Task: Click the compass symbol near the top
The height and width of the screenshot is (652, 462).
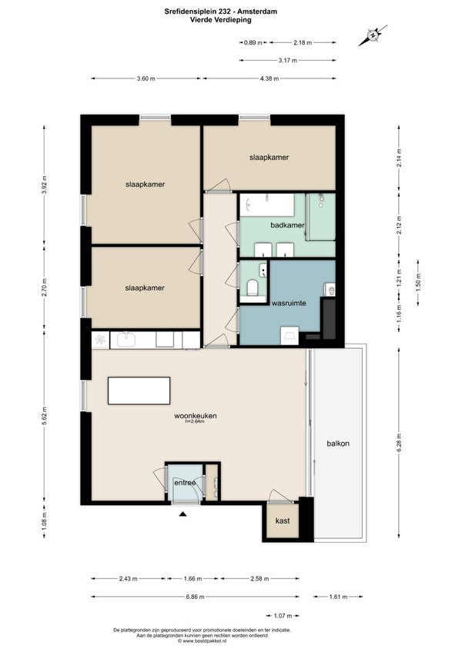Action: (x=373, y=35)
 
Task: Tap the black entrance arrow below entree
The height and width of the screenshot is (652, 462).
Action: (x=182, y=514)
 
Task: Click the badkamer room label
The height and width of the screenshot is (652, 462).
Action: (x=287, y=225)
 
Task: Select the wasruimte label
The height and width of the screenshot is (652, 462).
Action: (x=289, y=303)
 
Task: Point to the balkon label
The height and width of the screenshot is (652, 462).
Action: (x=338, y=444)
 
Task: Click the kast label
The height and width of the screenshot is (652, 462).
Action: (x=283, y=521)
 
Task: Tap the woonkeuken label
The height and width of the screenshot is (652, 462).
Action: (x=196, y=415)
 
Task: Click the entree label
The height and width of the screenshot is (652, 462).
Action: (x=185, y=483)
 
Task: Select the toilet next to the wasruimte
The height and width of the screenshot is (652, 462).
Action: (x=252, y=287)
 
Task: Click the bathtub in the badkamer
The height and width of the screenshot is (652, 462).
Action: (x=267, y=205)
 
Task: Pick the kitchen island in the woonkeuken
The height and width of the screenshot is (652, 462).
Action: (x=139, y=391)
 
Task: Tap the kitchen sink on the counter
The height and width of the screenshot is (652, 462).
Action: (x=126, y=339)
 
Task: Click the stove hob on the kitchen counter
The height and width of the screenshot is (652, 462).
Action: (x=100, y=340)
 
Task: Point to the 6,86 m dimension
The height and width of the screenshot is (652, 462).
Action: (x=195, y=597)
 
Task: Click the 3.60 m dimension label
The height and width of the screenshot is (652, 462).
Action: (x=146, y=78)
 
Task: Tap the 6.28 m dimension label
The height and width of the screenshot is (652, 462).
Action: (x=399, y=442)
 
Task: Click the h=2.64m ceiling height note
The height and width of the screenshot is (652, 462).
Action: (x=195, y=421)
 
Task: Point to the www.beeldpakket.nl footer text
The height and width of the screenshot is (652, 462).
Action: (x=202, y=640)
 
